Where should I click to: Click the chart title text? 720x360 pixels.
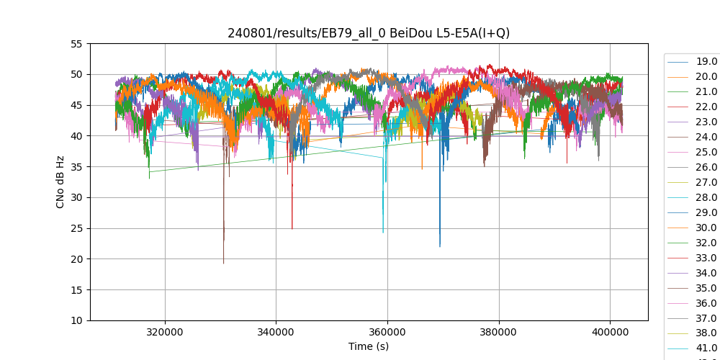click(369, 32)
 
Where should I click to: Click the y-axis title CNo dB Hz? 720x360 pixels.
click(60, 182)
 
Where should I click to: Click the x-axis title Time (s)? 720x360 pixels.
click(369, 346)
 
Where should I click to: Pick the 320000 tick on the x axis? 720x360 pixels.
click(165, 330)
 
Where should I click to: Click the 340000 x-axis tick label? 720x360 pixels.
click(276, 330)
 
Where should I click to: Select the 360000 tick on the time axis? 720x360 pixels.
click(387, 330)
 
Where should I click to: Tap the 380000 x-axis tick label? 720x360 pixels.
click(499, 330)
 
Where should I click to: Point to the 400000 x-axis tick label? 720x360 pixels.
click(610, 330)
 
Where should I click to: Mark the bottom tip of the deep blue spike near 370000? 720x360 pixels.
click(440, 247)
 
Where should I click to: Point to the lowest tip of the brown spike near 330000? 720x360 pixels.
click(223, 264)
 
